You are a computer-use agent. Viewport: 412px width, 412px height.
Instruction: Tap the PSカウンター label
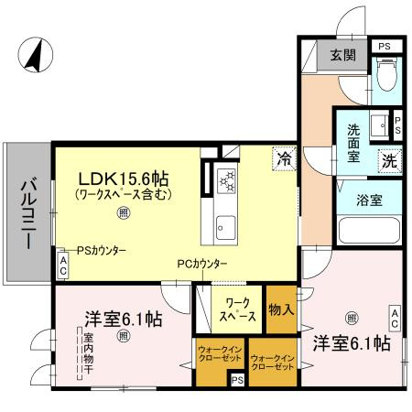(x=101, y=250)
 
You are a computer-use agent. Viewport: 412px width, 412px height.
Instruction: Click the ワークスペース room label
(x=236, y=309)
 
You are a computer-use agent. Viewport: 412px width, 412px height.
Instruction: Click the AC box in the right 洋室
(x=395, y=318)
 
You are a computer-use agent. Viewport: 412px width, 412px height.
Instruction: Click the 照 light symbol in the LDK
(x=123, y=212)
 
